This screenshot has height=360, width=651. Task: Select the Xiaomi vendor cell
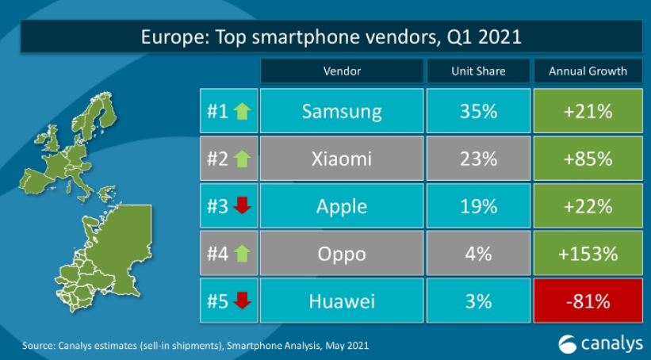342,159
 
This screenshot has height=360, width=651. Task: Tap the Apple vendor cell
342,207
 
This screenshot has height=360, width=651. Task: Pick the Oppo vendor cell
342,255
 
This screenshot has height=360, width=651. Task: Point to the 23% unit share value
478,159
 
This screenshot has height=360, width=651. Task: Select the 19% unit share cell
478,207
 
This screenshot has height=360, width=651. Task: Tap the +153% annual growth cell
588,255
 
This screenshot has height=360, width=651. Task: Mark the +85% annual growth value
588,159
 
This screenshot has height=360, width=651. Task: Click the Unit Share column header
478,71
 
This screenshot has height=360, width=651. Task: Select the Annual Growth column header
588,71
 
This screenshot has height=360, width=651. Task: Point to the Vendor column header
342,71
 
